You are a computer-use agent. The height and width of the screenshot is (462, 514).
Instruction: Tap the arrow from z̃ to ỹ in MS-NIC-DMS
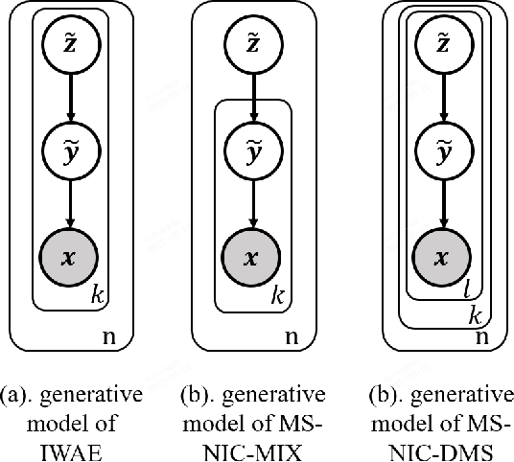pos(442,101)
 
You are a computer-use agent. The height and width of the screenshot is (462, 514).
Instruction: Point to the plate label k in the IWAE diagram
pos(97,296)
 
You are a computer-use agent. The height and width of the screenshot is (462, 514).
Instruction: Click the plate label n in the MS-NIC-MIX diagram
pos(291,336)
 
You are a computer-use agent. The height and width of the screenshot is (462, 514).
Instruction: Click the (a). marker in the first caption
pos(18,395)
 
